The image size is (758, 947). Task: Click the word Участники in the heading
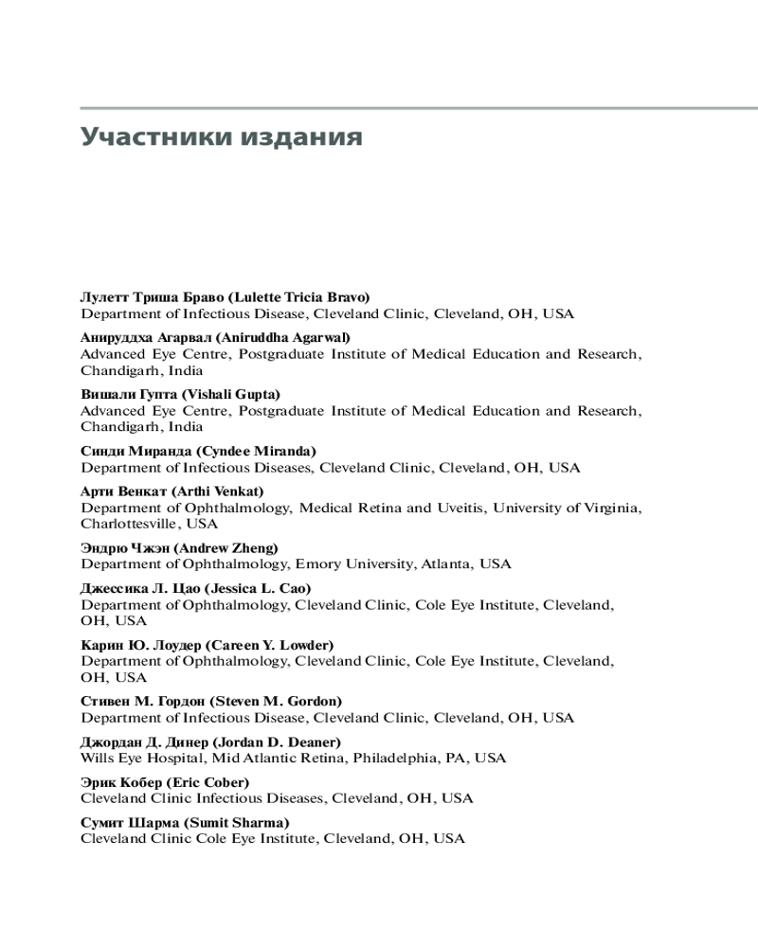click(x=149, y=136)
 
